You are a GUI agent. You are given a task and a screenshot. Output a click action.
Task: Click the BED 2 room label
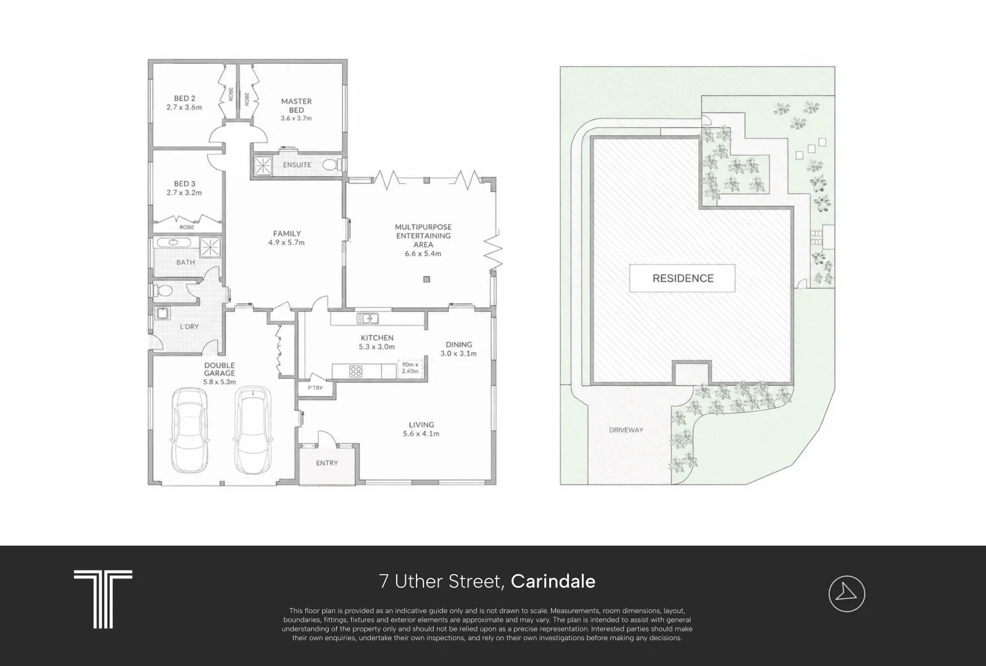(184, 99)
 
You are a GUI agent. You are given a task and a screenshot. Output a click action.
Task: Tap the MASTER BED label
(296, 105)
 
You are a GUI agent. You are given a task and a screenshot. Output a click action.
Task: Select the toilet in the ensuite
(333, 165)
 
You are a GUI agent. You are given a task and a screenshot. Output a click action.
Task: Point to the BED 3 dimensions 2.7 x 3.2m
(184, 192)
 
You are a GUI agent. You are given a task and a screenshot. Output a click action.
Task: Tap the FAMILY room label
(287, 234)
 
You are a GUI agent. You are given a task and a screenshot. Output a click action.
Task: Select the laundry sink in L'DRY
(162, 313)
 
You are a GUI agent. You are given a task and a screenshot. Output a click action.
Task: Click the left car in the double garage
(189, 430)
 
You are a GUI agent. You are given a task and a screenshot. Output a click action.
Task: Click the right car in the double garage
(252, 430)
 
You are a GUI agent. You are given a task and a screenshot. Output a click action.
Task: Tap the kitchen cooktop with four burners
(355, 371)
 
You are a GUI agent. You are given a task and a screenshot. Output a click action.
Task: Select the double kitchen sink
(368, 318)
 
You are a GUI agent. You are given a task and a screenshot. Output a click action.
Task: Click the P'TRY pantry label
(315, 388)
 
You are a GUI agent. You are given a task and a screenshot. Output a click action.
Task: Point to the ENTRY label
(327, 462)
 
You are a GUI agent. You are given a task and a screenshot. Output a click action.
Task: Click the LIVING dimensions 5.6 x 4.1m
(421, 434)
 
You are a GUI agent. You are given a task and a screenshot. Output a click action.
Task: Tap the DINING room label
(458, 345)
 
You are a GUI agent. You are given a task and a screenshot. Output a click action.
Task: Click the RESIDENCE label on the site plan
(682, 278)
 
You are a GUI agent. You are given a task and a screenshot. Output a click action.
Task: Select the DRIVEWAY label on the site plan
(626, 430)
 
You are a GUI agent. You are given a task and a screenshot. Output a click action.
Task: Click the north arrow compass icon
(847, 593)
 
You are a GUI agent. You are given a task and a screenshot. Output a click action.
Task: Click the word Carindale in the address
(553, 582)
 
